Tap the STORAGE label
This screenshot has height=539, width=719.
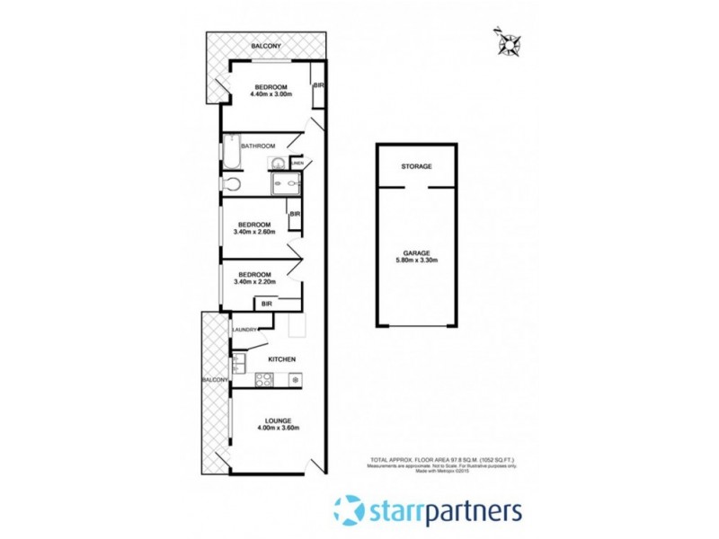coord(416,167)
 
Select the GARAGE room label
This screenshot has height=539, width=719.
coord(416,253)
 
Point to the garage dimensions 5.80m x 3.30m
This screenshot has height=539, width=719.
coord(416,261)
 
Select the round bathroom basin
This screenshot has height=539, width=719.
coord(280,163)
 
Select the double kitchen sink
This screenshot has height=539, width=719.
coord(238,363)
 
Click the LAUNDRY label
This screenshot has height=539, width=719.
coord(244,330)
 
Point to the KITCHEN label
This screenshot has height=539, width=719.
coord(281,359)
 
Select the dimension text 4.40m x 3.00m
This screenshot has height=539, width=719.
coord(274,94)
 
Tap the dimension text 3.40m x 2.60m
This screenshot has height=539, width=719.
coord(254,232)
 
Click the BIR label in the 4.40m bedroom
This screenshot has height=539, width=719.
coord(317,85)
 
